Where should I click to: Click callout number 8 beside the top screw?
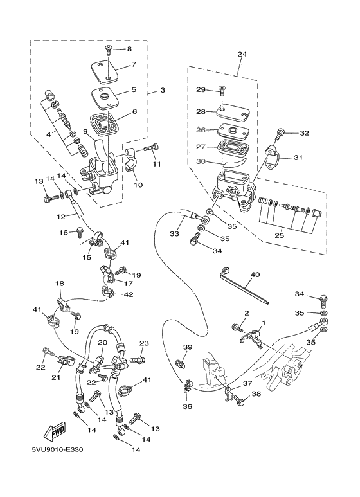[x=129, y=49]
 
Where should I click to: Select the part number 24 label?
[x=242, y=55]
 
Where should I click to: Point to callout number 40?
[x=255, y=275]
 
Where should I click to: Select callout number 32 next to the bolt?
[x=304, y=133]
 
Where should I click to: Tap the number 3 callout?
[x=162, y=90]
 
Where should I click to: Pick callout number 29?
[x=200, y=89]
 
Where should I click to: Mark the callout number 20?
[x=101, y=343]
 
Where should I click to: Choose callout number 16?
[x=64, y=232]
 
